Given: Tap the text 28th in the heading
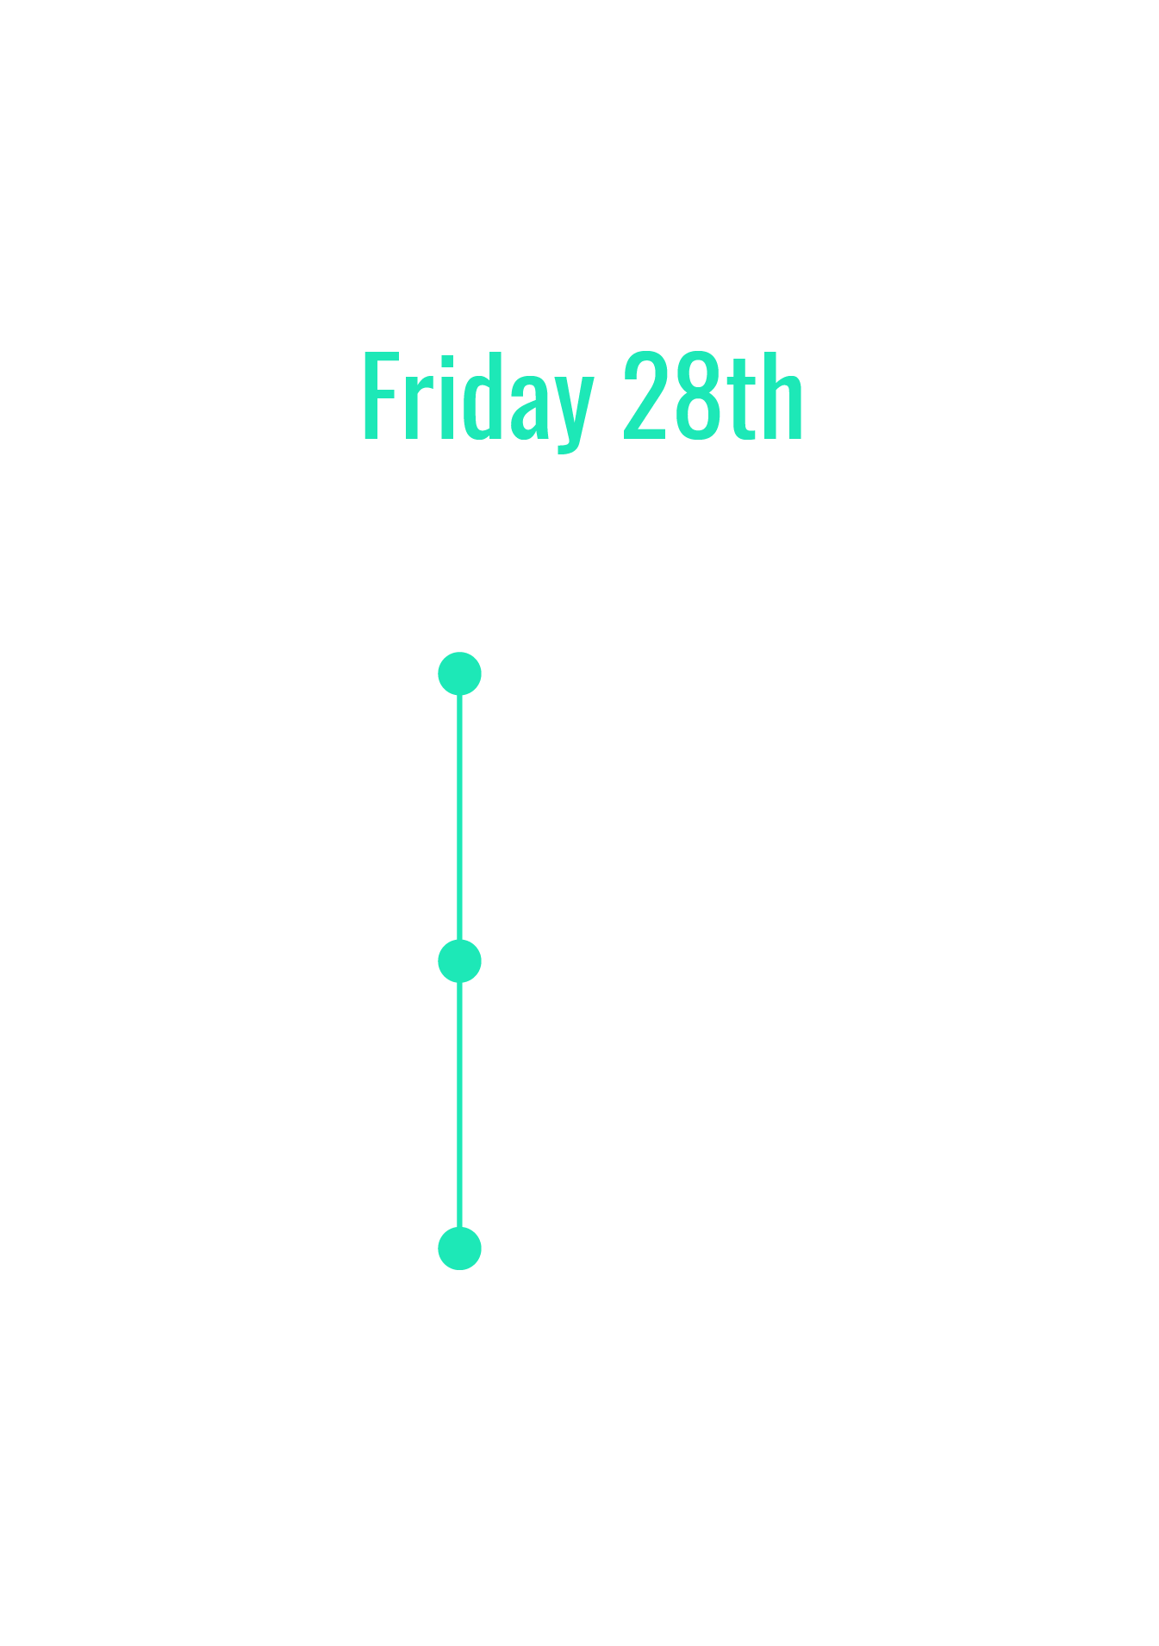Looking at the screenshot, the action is click(713, 397).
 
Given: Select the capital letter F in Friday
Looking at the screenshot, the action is click(382, 397).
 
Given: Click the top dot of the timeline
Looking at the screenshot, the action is click(459, 673).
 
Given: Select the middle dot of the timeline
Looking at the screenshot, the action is click(459, 961).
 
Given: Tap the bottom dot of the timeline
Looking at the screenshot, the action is click(459, 1249).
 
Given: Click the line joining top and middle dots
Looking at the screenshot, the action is click(459, 817).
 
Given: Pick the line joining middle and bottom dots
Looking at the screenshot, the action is click(459, 1105).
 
